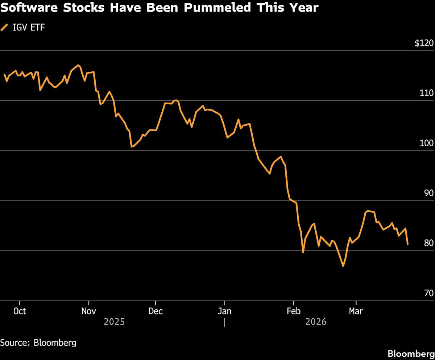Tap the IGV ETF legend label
tap(29, 27)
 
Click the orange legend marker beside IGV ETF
tap(5, 27)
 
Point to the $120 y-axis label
tap(424, 43)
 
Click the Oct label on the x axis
tap(20, 311)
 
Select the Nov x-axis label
tap(88, 311)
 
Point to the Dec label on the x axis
tap(156, 311)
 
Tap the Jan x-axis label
tap(225, 311)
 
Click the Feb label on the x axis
tap(293, 311)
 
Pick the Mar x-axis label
tap(356, 311)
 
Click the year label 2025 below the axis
tap(114, 322)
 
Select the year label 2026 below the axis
tap(316, 322)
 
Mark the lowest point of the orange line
tap(343, 266)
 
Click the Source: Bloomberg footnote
tap(38, 343)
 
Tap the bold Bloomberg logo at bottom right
tap(411, 353)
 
